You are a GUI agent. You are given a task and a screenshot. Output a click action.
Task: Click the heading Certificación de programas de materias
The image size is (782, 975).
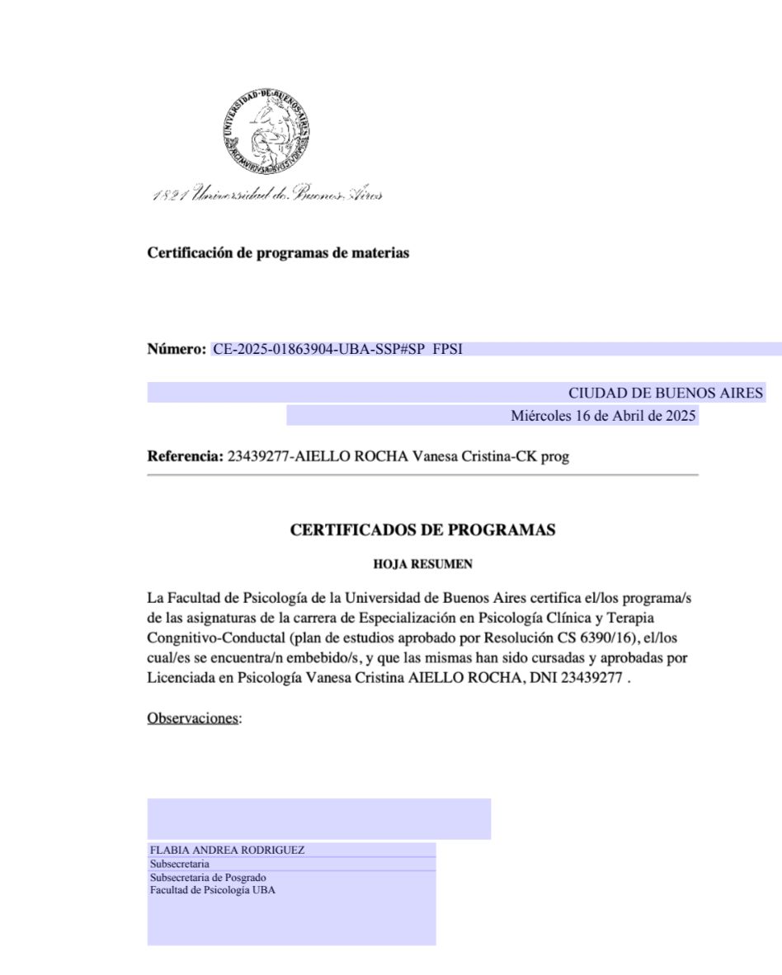pyautogui.click(x=278, y=253)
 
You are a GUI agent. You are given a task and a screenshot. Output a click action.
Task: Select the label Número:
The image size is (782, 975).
pyautogui.click(x=177, y=350)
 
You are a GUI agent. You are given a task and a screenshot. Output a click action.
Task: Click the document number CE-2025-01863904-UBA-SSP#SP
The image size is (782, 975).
pyautogui.click(x=318, y=350)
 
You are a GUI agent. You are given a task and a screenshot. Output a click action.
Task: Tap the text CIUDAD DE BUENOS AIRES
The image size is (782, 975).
pyautogui.click(x=666, y=393)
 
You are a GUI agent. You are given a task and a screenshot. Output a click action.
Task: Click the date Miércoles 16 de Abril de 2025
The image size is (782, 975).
pyautogui.click(x=604, y=416)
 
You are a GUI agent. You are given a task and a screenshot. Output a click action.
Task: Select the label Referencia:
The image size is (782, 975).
pyautogui.click(x=185, y=456)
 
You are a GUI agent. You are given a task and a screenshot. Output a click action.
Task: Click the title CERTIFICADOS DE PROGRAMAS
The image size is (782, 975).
pyautogui.click(x=422, y=530)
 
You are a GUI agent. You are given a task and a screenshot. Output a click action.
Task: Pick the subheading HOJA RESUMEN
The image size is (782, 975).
pyautogui.click(x=422, y=565)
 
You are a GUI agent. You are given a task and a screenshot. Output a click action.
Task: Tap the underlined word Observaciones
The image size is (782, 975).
pyautogui.click(x=193, y=718)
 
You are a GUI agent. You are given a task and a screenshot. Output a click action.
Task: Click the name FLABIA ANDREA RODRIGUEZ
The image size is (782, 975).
pyautogui.click(x=227, y=850)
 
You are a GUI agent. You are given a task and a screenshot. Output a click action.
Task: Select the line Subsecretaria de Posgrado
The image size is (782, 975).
pyautogui.click(x=208, y=878)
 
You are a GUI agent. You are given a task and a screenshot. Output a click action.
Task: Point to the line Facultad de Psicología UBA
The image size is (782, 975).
pyautogui.click(x=212, y=890)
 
